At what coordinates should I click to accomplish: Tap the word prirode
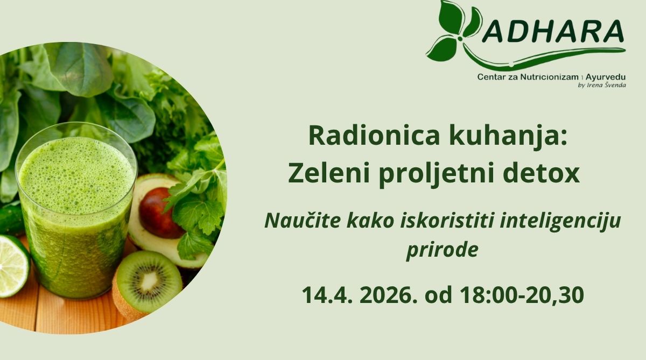(442, 250)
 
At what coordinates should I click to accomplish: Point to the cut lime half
(13, 266)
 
